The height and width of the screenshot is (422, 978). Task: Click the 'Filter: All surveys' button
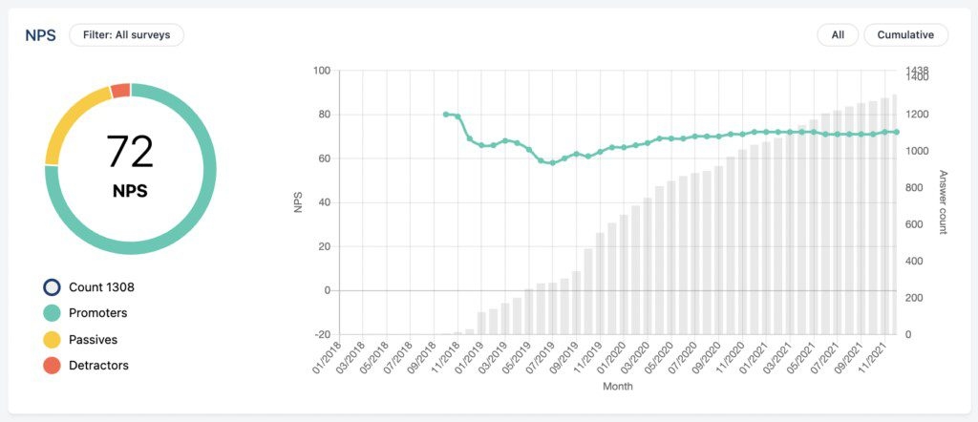126,35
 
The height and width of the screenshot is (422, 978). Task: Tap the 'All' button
838,35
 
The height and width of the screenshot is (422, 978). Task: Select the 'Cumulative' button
905,35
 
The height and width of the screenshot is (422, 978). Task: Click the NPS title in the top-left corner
40,35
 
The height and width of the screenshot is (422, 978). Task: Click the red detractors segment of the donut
120,91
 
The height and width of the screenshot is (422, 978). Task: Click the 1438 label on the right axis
917,71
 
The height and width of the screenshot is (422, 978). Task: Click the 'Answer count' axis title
944,202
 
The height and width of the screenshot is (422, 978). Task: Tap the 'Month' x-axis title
617,387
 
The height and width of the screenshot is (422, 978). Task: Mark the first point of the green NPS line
446,115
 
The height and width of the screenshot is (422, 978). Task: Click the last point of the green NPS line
896,133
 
